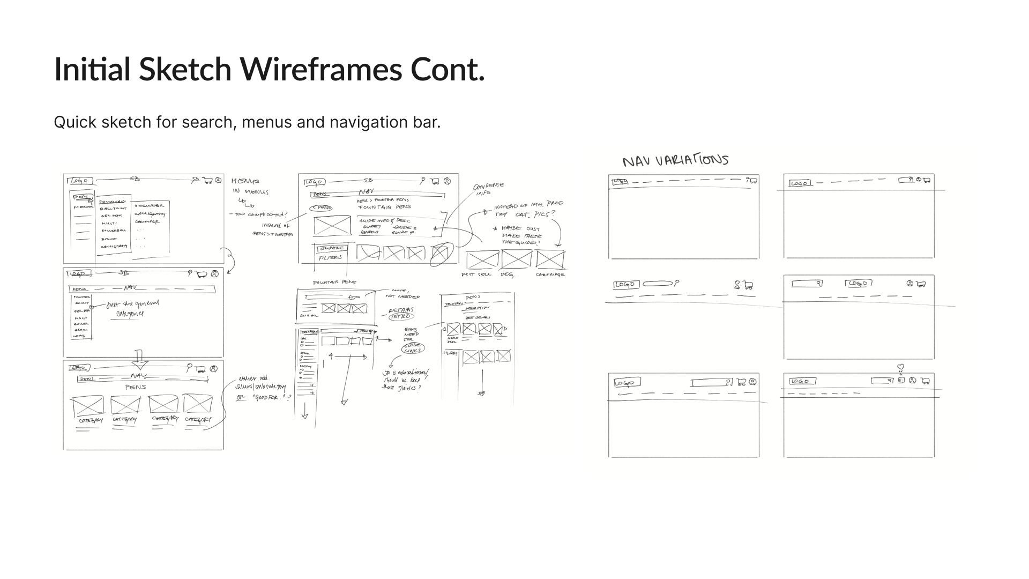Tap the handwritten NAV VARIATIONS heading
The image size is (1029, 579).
(x=675, y=160)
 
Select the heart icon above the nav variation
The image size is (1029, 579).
(x=901, y=368)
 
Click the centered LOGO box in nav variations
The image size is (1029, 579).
(x=858, y=284)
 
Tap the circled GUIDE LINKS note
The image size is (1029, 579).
(x=413, y=347)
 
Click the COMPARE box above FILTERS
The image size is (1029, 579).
(x=332, y=248)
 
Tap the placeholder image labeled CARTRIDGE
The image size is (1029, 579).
(x=550, y=260)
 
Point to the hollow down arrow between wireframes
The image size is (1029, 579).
(x=139, y=360)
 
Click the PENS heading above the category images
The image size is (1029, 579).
(x=135, y=387)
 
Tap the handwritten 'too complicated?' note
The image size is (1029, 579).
(x=260, y=214)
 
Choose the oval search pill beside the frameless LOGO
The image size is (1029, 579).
(x=658, y=284)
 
